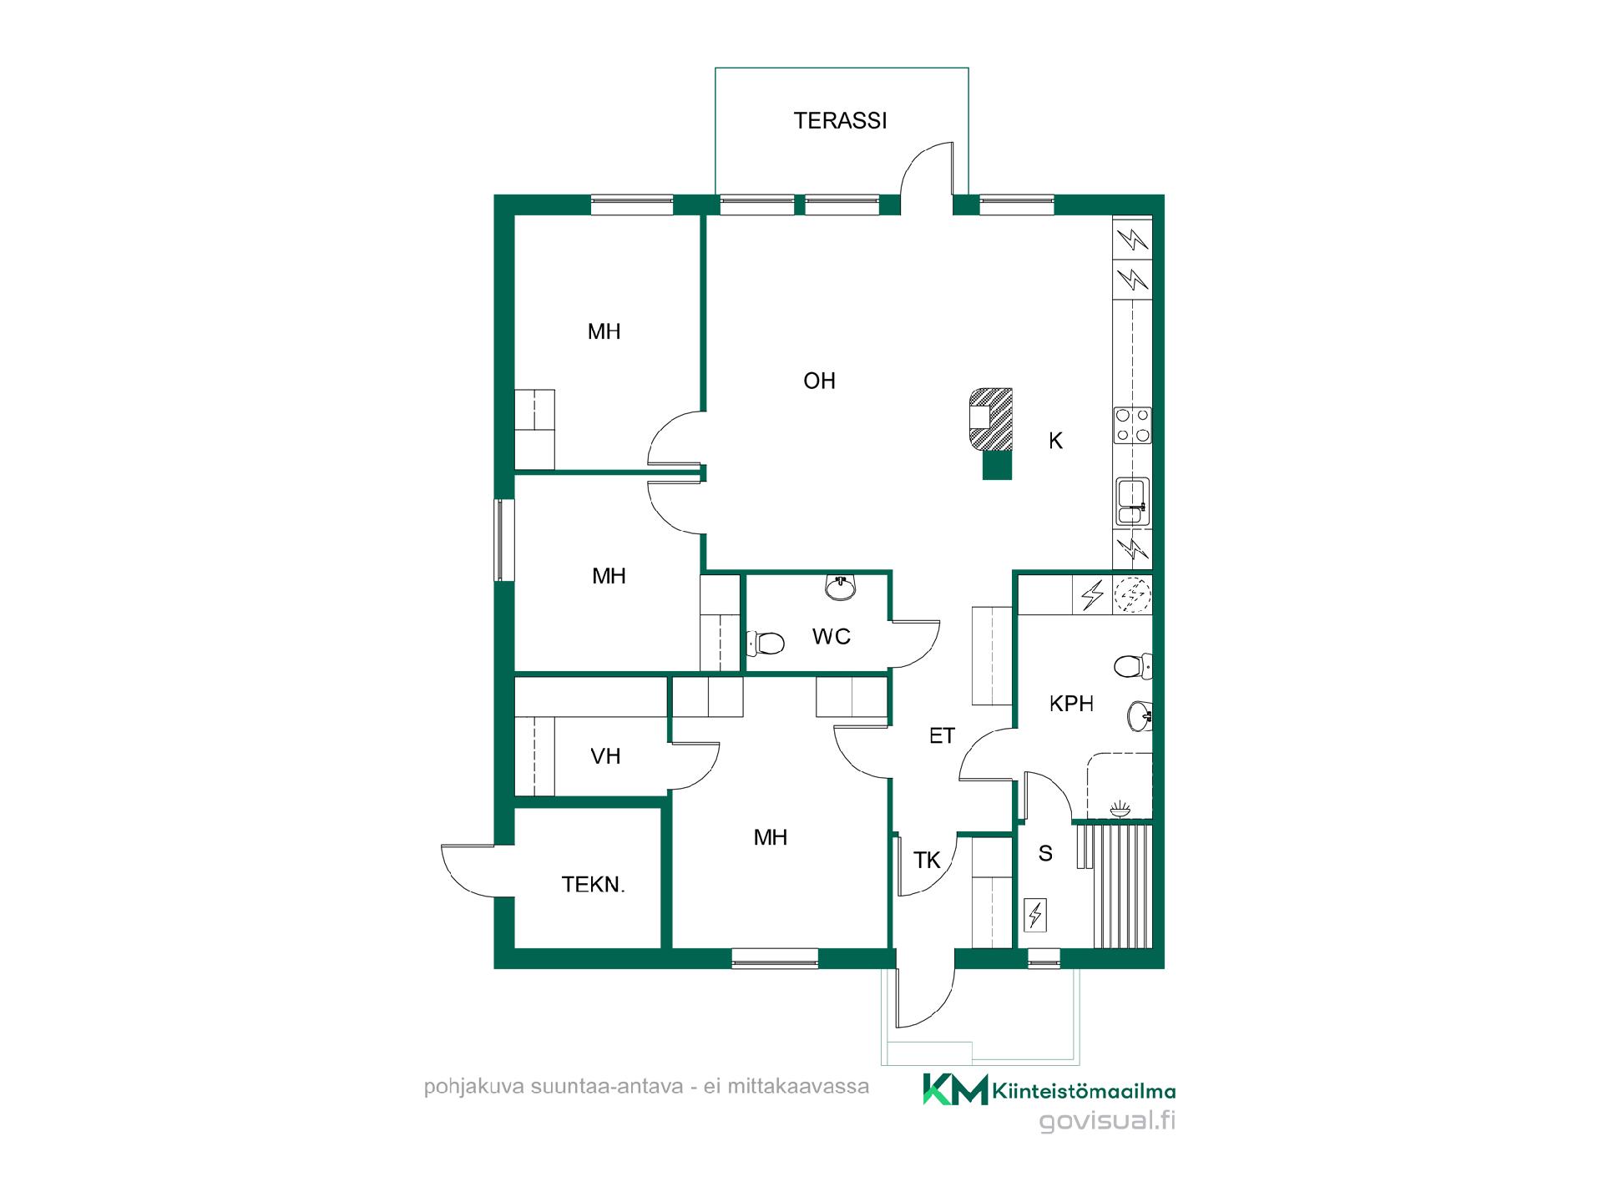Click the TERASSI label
tap(840, 121)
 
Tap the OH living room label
tap(819, 381)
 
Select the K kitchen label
tap(1056, 441)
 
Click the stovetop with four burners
tap(1133, 425)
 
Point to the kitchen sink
tap(1132, 501)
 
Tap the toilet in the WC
tap(765, 643)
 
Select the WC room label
tap(832, 637)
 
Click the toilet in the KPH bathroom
tap(1133, 666)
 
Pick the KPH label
tap(1071, 704)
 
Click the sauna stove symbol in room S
tap(1035, 915)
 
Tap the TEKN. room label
tap(593, 885)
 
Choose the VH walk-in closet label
tap(605, 756)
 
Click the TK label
tap(927, 860)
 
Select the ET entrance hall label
tap(942, 736)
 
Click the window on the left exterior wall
tap(500, 539)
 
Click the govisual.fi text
tap(1107, 1121)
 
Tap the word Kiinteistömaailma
tap(1085, 1090)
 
